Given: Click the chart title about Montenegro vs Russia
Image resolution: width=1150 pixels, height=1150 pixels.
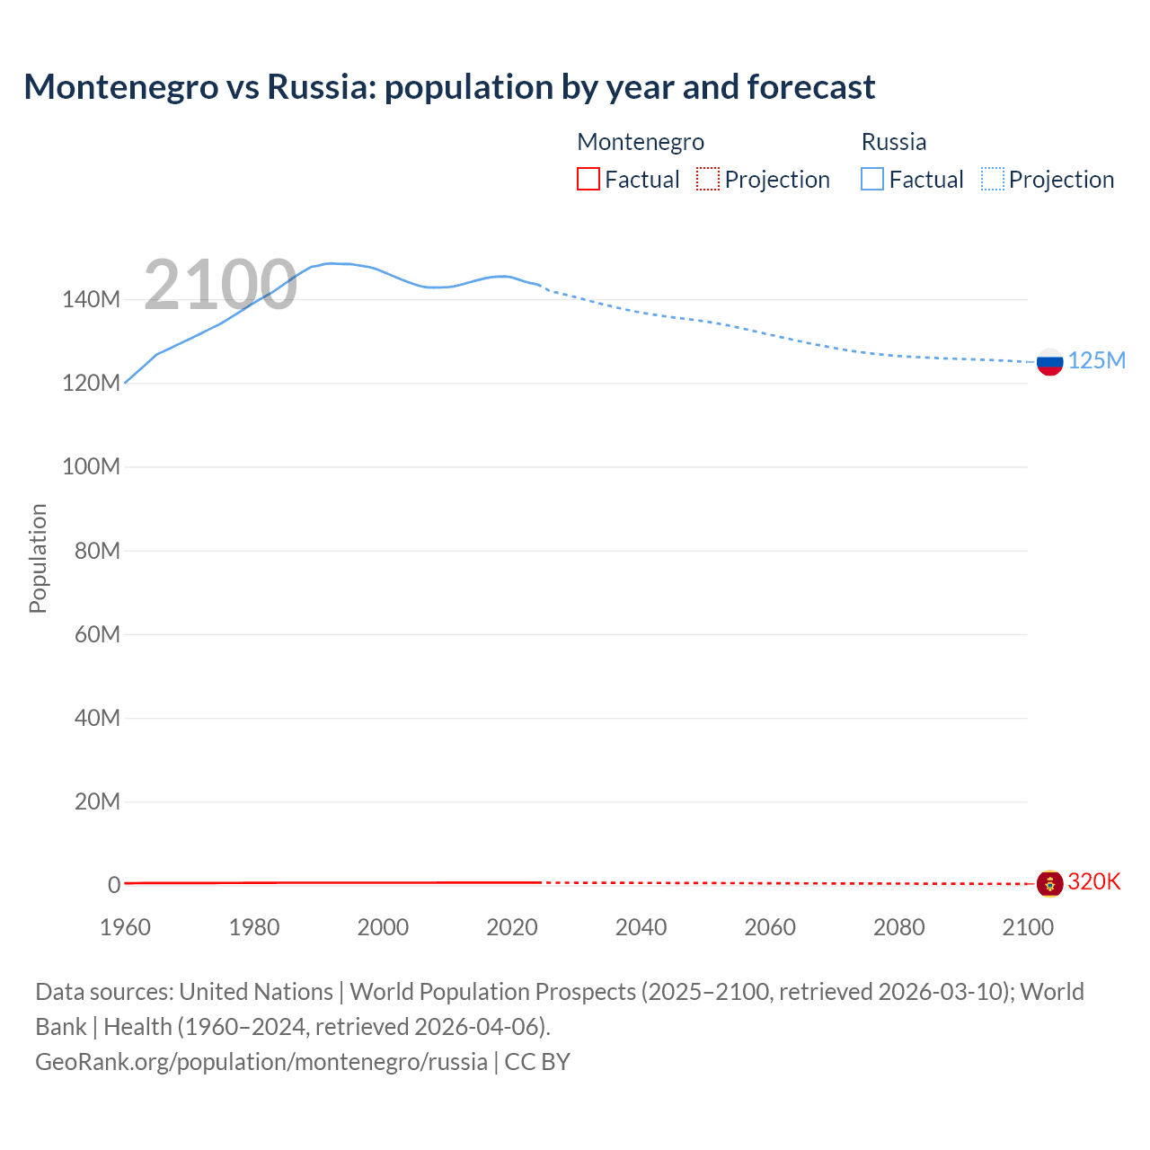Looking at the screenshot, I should pos(449,87).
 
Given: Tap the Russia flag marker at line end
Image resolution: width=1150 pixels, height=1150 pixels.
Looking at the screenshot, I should pos(1049,362).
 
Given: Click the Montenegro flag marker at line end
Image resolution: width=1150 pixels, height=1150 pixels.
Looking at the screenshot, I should pos(1049,883).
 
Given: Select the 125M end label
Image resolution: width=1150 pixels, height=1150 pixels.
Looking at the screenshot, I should pos(1096,360).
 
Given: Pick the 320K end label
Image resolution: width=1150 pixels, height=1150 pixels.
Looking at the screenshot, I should pos(1093,881).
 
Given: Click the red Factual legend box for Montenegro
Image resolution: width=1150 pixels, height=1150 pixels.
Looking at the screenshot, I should pos(588,179).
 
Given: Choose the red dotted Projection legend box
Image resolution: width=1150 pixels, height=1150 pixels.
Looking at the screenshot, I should pos(708,179).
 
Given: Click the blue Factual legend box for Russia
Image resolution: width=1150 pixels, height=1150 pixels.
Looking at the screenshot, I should pos(872,179).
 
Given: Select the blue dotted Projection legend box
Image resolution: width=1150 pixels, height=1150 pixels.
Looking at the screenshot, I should pos(992,179).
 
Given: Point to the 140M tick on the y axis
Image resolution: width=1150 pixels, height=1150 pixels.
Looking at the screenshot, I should pos(91,299).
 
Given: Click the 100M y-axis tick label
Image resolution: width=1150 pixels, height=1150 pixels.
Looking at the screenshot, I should pos(91,466).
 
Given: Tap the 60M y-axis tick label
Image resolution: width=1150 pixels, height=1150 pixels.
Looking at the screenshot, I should pos(97,634).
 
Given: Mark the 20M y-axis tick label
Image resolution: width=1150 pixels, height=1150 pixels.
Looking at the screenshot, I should pos(97,801).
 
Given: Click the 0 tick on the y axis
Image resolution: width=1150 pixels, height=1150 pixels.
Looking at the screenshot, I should pos(114,885).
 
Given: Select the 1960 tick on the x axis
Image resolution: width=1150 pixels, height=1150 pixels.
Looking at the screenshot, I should pos(125,927).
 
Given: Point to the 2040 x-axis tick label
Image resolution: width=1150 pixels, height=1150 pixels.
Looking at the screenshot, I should pos(641,927).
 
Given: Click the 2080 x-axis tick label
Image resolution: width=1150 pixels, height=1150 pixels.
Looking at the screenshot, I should pos(898,927).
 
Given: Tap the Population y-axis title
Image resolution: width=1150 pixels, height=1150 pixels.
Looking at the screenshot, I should pos(38,558).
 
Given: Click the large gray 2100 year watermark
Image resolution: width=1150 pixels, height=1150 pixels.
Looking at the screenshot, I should pos(220,285).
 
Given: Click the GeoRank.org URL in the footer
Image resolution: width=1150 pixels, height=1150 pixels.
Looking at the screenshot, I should pos(261,1062).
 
